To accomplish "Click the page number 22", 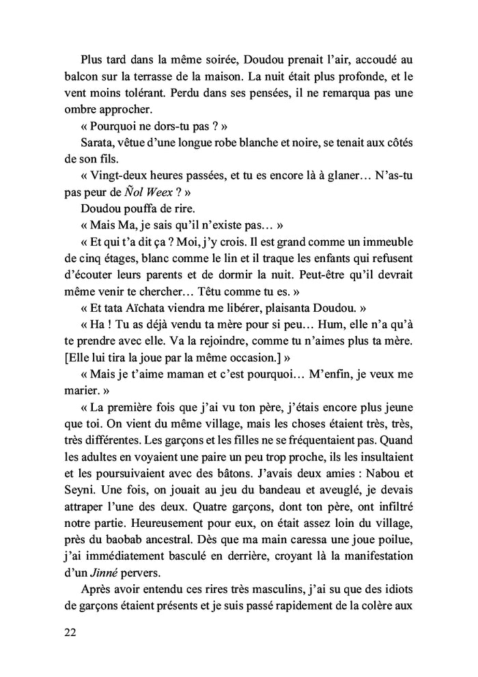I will click(x=68, y=632).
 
